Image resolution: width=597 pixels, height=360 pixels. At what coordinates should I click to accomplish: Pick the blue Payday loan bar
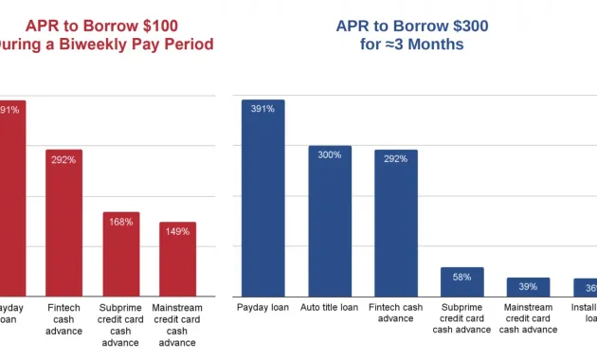pos(262,198)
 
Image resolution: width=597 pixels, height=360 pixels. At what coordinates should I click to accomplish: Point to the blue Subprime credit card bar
pos(461,281)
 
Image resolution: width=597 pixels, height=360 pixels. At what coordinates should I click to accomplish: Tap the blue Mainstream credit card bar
pos(528,287)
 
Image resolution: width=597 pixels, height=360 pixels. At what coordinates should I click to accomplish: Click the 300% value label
pos(330,154)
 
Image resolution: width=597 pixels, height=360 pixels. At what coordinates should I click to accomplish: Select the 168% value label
pos(121,222)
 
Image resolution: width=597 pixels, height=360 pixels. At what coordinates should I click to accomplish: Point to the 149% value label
pos(177,231)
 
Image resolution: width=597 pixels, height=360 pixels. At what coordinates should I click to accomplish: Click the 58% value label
pos(461,277)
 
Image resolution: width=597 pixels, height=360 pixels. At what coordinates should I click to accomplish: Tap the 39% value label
pos(528,287)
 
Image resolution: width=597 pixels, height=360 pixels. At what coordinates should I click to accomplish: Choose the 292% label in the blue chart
pos(395,158)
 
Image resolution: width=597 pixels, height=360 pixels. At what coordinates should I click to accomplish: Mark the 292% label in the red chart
pos(63,159)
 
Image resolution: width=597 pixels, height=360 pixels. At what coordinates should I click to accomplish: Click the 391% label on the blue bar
pos(262,109)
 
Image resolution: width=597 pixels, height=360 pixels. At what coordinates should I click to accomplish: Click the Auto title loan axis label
pos(329,307)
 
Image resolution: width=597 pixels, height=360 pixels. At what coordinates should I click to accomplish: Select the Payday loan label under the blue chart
pos(262,307)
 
